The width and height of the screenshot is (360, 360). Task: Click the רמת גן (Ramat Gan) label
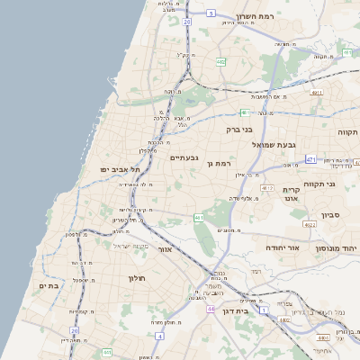coord(220,163)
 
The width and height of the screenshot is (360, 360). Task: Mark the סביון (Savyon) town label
coord(330,216)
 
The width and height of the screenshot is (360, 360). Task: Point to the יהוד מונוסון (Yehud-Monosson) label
coord(337,247)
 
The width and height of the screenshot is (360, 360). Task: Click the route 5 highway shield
coord(211,13)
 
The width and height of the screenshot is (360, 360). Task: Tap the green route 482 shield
coord(220,62)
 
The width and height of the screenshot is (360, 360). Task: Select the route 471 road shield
coord(310,159)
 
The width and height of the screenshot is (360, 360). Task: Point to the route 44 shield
coord(209,308)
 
